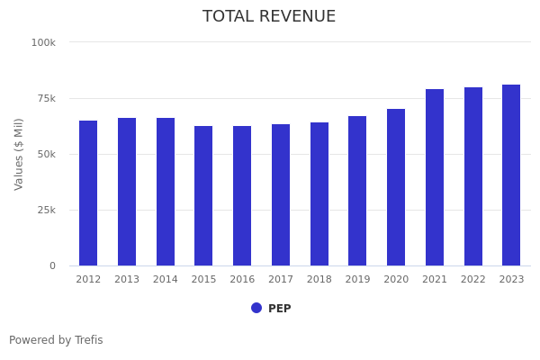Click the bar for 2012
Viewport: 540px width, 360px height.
pyautogui.click(x=88, y=193)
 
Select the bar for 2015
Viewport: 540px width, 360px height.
pyautogui.click(x=203, y=196)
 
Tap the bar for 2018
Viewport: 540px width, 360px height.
pyautogui.click(x=319, y=194)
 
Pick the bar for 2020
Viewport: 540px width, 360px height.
pyautogui.click(x=396, y=187)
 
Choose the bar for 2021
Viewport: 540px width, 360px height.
pyautogui.click(x=435, y=177)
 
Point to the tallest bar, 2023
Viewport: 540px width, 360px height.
pyautogui.click(x=511, y=175)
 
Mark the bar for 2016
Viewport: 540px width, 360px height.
pyautogui.click(x=242, y=196)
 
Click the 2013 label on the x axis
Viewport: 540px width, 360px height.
pyautogui.click(x=127, y=280)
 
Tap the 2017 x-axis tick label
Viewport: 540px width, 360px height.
pyautogui.click(x=281, y=280)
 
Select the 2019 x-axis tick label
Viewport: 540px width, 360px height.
pyautogui.click(x=357, y=280)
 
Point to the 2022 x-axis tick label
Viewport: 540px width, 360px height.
pyautogui.click(x=472, y=280)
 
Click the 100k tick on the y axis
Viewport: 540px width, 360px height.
pyautogui.click(x=43, y=42)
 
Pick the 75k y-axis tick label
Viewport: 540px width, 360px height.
pyautogui.click(x=45, y=98)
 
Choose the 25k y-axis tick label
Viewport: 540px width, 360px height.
pyautogui.click(x=45, y=210)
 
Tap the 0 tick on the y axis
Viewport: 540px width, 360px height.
pyautogui.click(x=52, y=265)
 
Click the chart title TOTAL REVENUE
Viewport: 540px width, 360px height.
pyautogui.click(x=269, y=17)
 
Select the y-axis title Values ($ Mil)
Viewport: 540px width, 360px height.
pyautogui.click(x=20, y=154)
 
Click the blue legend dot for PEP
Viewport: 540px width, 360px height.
pyautogui.click(x=256, y=308)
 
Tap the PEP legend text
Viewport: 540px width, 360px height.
pyautogui.click(x=280, y=309)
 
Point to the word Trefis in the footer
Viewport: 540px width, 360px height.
pyautogui.click(x=88, y=340)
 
